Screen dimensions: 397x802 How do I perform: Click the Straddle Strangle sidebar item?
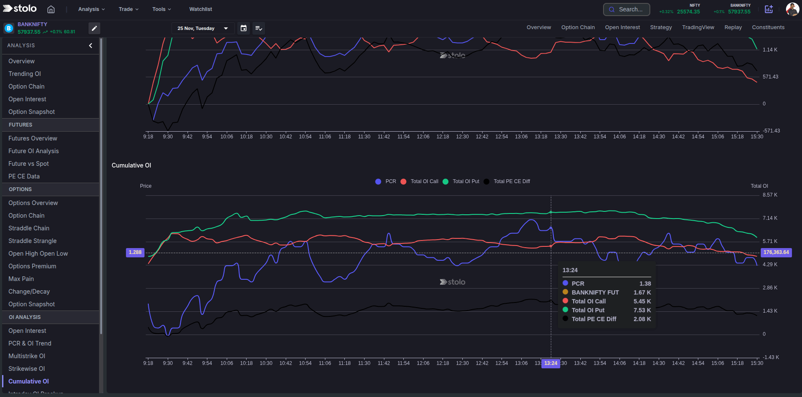point(32,241)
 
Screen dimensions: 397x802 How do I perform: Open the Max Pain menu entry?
point(21,279)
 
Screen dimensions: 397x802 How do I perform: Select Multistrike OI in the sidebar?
point(27,356)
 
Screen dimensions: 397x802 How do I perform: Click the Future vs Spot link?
point(29,164)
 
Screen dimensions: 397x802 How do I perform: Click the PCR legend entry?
point(386,181)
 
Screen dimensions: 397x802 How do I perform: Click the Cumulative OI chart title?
point(131,165)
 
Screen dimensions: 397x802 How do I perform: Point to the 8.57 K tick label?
point(770,195)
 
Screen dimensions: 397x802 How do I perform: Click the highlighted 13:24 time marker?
point(550,363)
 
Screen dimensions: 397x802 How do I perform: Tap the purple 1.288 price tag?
point(135,252)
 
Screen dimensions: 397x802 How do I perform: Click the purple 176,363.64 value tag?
point(776,252)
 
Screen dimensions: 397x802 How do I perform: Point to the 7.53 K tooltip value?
point(642,310)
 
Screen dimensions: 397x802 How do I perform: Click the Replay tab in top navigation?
point(733,27)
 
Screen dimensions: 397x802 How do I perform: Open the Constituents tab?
point(768,27)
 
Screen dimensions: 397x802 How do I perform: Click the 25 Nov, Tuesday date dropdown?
point(202,28)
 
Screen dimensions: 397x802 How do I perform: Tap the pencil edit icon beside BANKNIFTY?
point(94,28)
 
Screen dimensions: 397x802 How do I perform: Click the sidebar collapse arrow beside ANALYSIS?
point(91,46)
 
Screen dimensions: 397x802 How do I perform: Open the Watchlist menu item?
point(201,9)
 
